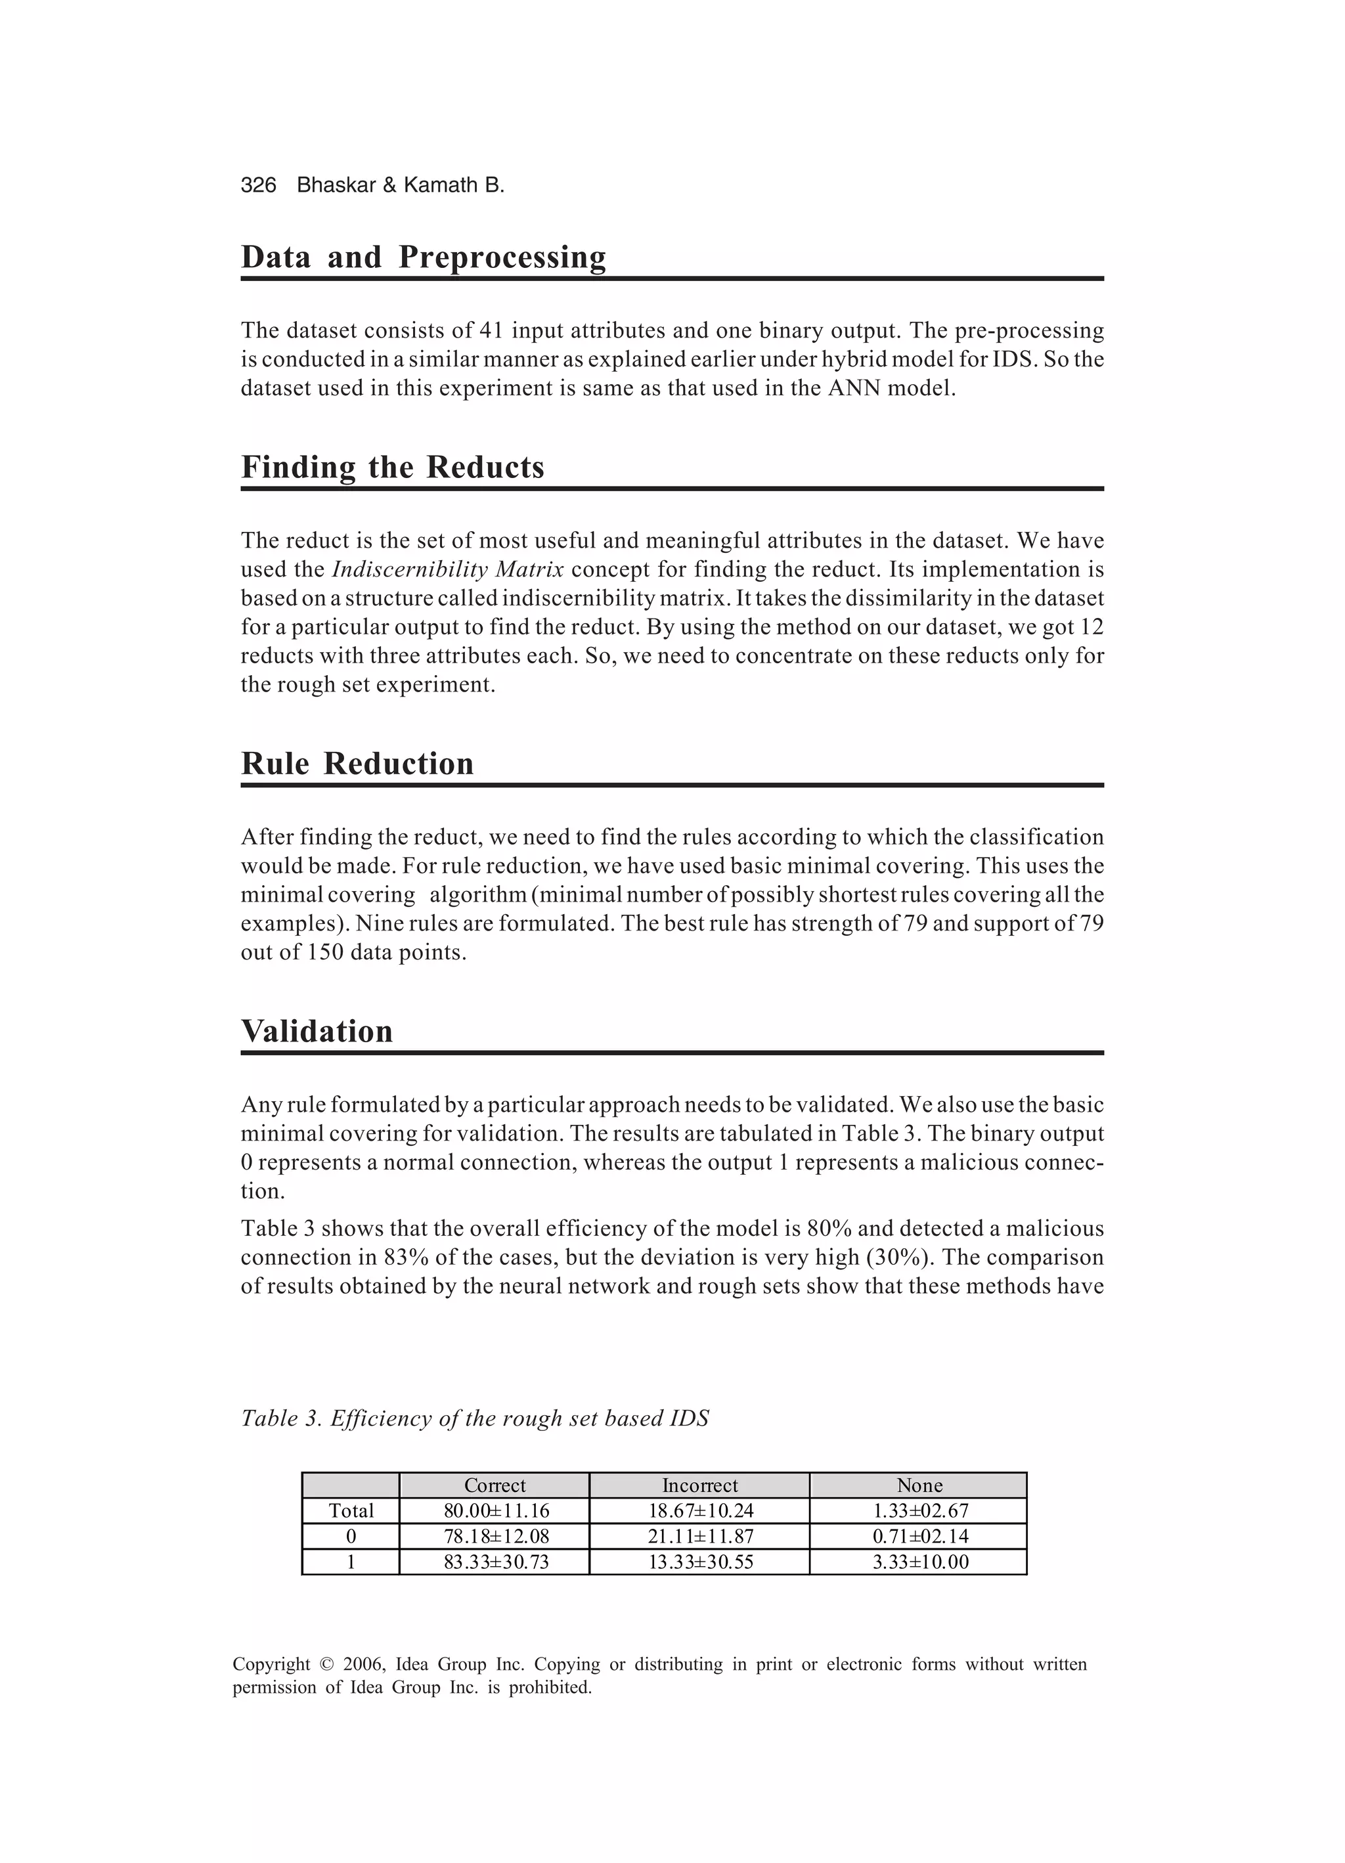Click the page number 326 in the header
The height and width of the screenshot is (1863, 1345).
[x=258, y=186]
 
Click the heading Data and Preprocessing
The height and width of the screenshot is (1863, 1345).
[x=423, y=257]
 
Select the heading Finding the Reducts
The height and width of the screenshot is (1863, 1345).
[x=392, y=468]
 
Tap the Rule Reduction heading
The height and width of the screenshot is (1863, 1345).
[x=357, y=764]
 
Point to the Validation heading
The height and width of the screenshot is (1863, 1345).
[x=317, y=1032]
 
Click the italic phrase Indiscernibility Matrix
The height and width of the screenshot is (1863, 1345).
[x=447, y=569]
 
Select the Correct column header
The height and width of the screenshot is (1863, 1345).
[x=495, y=1485]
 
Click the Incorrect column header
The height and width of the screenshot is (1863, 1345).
[x=699, y=1485]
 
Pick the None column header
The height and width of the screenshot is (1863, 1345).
[x=919, y=1485]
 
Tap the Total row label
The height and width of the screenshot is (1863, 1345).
[x=351, y=1510]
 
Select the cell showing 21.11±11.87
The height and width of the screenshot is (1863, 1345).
[x=700, y=1536]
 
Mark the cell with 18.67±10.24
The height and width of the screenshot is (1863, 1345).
[x=700, y=1510]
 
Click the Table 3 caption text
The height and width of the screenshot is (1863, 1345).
[x=474, y=1418]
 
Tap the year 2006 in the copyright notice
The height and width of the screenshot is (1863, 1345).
[x=363, y=1664]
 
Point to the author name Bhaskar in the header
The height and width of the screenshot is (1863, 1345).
[x=333, y=186]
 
